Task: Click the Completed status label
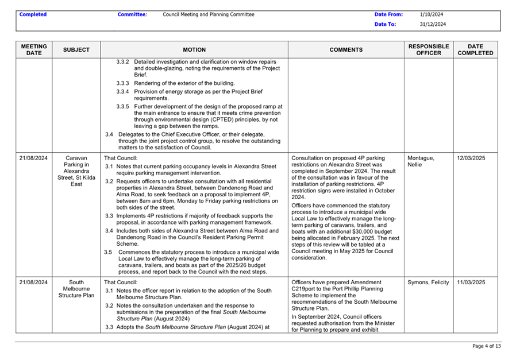pyautogui.click(x=33, y=14)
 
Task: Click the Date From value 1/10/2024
pyautogui.click(x=431, y=14)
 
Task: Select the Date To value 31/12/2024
pyautogui.click(x=433, y=25)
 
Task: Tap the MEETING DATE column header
pyautogui.click(x=34, y=49)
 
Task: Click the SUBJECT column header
pyautogui.click(x=76, y=50)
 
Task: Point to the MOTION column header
pyautogui.click(x=194, y=50)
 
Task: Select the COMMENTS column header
pyautogui.click(x=346, y=50)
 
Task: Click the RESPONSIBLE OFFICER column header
pyautogui.click(x=428, y=49)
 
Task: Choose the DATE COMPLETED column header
pyautogui.click(x=475, y=49)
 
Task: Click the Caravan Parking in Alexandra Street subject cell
pyautogui.click(x=76, y=171)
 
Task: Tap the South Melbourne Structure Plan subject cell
pyautogui.click(x=76, y=289)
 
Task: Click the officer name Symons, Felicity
pyautogui.click(x=429, y=282)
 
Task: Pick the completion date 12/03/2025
pyautogui.click(x=471, y=158)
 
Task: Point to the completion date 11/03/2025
pyautogui.click(x=471, y=282)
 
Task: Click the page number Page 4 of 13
pyautogui.click(x=487, y=346)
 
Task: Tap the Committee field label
pyautogui.click(x=132, y=14)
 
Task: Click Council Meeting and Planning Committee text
pyautogui.click(x=208, y=14)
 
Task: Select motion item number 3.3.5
pyautogui.click(x=123, y=106)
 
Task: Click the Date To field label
pyautogui.click(x=385, y=25)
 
